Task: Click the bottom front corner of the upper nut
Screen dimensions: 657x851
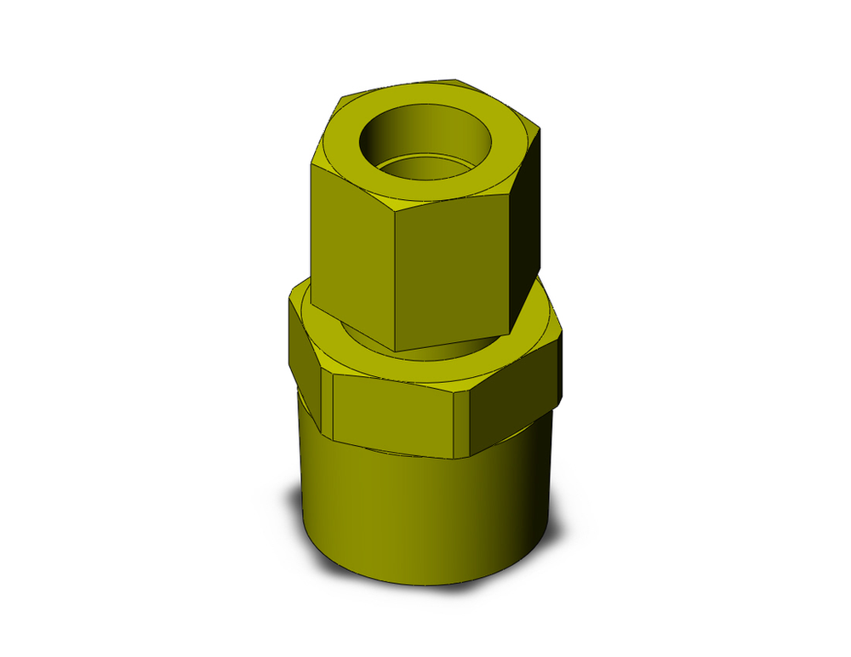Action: click(397, 350)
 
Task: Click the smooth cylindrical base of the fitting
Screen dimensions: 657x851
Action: click(417, 511)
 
